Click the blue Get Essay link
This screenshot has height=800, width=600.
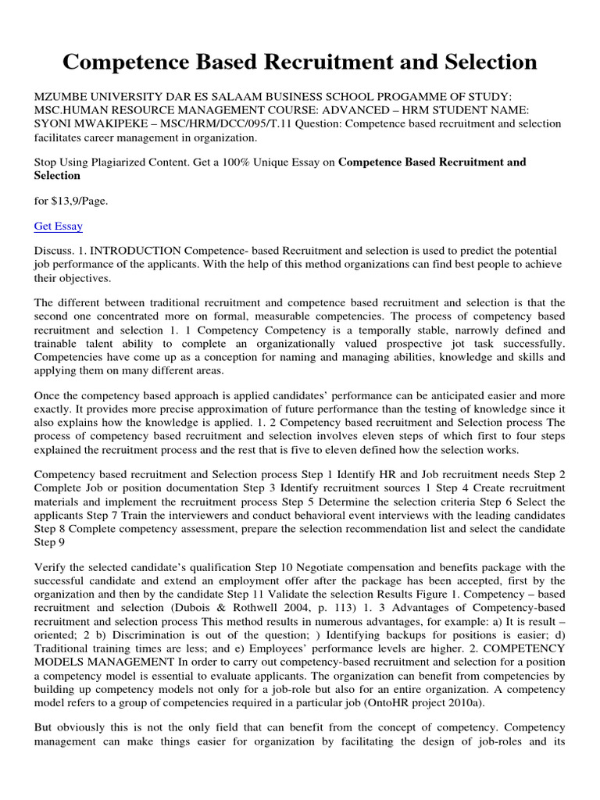(59, 227)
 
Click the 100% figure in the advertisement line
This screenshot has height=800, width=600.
(236, 162)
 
